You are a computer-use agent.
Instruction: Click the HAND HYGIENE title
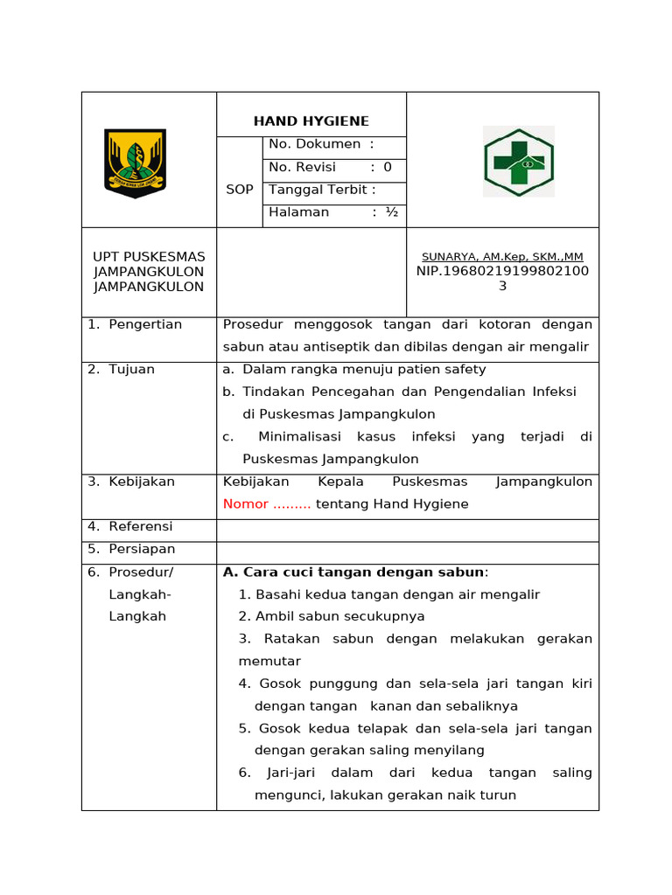(311, 121)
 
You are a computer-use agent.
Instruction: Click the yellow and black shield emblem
(135, 163)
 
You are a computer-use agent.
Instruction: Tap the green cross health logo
(518, 162)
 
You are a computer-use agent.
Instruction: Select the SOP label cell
(239, 190)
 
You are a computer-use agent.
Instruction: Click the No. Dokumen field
(321, 144)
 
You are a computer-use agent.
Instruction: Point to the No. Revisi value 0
(388, 167)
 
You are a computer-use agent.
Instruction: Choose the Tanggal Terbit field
(322, 190)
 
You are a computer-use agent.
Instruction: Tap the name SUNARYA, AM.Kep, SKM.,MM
(502, 257)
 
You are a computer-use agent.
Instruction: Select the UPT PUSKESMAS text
(149, 257)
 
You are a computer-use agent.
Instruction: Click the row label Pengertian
(145, 325)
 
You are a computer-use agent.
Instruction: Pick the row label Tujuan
(131, 370)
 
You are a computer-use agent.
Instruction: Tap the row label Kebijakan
(142, 482)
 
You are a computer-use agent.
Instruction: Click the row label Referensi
(140, 527)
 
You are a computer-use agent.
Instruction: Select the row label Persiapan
(142, 550)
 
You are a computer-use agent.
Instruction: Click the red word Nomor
(246, 504)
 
